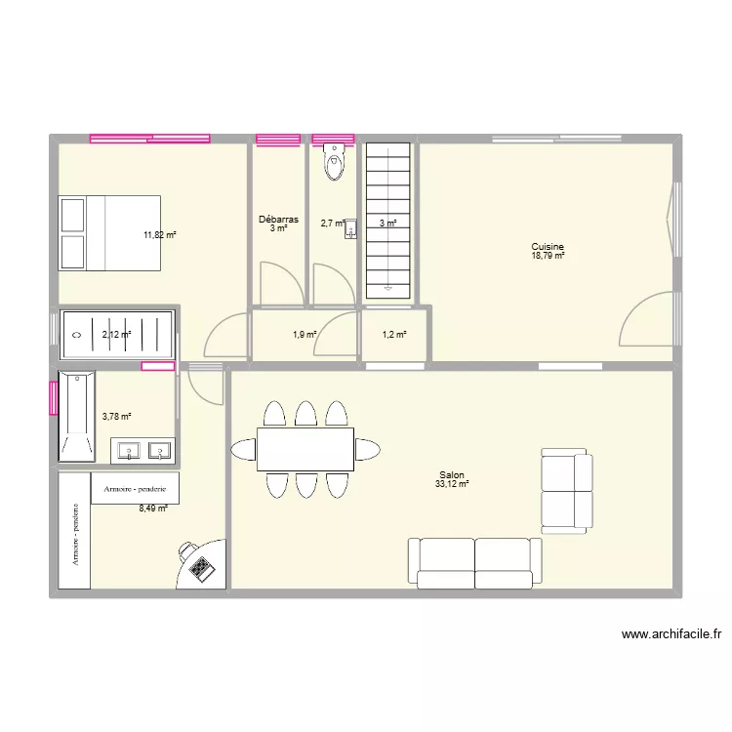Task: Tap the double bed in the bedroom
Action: tap(109, 232)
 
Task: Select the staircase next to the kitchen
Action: tap(388, 220)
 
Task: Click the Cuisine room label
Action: tap(548, 247)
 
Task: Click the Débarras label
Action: tap(279, 220)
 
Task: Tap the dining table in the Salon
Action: tap(305, 449)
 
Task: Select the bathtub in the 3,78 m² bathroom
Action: tap(76, 416)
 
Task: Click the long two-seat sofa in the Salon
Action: tap(475, 562)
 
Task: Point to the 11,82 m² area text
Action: tap(159, 235)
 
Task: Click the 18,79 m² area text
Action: tap(548, 256)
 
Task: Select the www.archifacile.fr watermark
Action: tap(671, 635)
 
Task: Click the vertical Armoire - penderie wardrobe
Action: tap(74, 532)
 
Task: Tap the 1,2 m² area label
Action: tap(393, 335)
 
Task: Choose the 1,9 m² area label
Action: tap(305, 335)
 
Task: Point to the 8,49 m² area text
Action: tap(153, 508)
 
